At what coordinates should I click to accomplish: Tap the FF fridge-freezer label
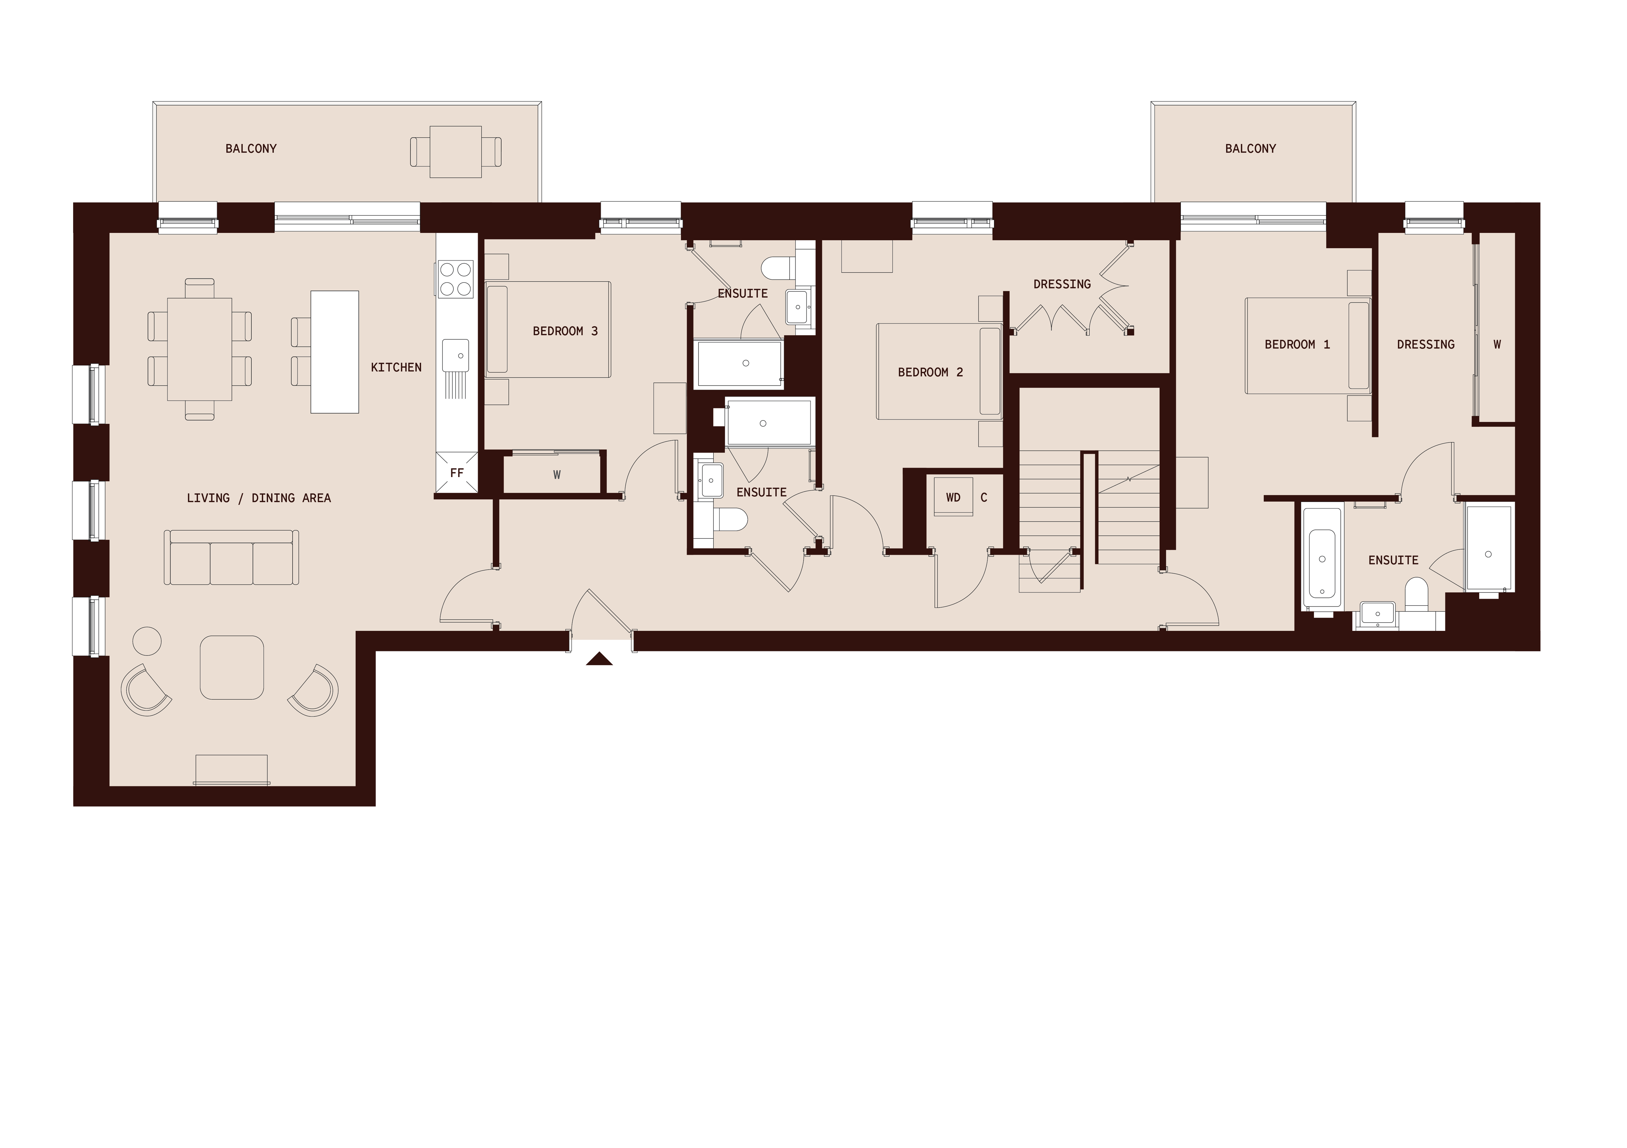pos(457,473)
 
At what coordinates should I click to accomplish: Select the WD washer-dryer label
pos(953,497)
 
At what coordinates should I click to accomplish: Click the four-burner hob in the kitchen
pos(456,278)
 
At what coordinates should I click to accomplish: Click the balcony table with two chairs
pos(456,152)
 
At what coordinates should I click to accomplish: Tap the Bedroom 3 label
pos(565,331)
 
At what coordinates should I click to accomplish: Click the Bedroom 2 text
pos(930,372)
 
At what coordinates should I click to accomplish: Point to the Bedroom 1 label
pos(1297,345)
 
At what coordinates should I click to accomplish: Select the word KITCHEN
pos(396,367)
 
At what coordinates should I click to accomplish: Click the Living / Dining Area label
pos(259,498)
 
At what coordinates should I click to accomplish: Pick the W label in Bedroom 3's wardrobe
pos(557,475)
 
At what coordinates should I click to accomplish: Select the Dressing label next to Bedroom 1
pos(1425,345)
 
